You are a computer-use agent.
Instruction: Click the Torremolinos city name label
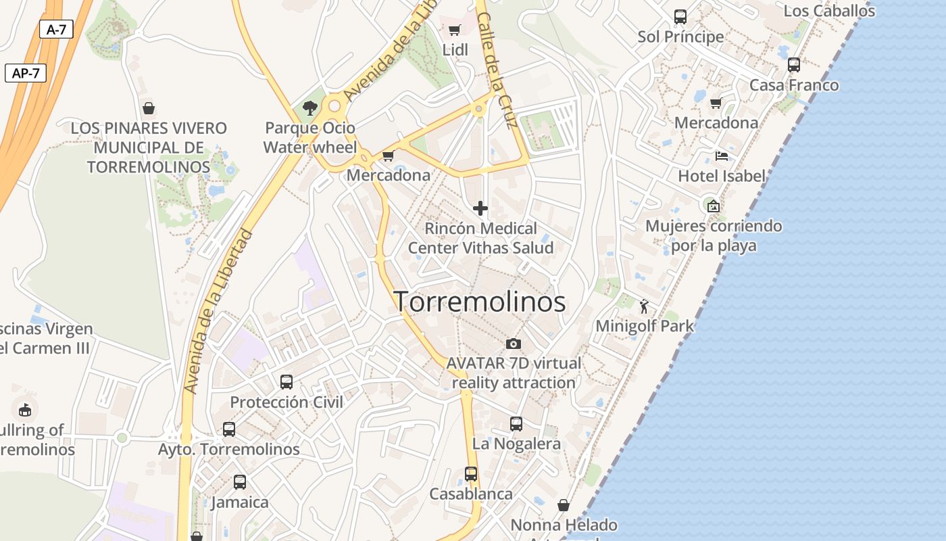coord(479,302)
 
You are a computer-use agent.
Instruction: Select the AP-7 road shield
coord(26,73)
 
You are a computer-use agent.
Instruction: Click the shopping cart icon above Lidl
coord(455,30)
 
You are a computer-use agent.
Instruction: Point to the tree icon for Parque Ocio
coord(310,108)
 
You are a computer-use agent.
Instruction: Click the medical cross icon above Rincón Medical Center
coord(480,208)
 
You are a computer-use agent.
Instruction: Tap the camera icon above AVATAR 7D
coord(514,344)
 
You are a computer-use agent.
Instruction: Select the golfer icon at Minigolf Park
coord(644,306)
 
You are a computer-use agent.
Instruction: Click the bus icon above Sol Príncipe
coord(680,17)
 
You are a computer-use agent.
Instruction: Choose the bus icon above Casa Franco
coord(794,65)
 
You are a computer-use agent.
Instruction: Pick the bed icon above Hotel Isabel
coord(722,156)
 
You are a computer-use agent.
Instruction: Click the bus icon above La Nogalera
coord(516,424)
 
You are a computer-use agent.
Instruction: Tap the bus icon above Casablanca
coord(471,474)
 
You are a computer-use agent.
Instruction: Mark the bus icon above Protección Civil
coord(287,382)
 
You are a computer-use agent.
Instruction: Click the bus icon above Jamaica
coord(240,482)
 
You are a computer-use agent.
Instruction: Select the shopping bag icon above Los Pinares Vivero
coord(149,108)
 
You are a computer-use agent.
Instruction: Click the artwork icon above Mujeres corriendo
coord(713,206)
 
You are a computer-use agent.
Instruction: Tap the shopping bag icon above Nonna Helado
coord(564,505)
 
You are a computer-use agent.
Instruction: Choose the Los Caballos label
coord(829,11)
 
